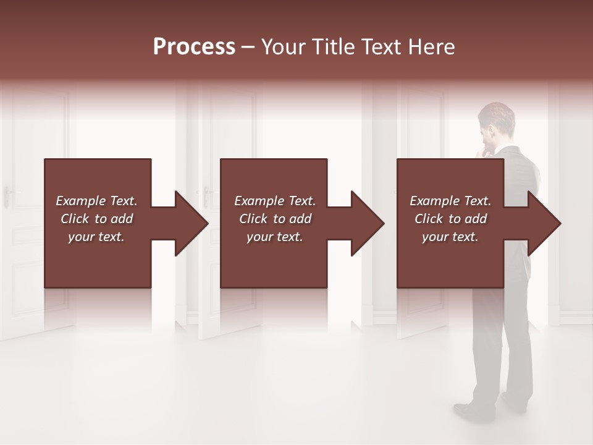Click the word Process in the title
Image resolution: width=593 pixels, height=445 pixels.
coord(194,47)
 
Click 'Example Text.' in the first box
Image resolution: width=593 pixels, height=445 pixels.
coord(96,201)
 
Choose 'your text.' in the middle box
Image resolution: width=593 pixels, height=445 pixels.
coord(274,237)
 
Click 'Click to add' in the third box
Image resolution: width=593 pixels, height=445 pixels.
coord(450,219)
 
